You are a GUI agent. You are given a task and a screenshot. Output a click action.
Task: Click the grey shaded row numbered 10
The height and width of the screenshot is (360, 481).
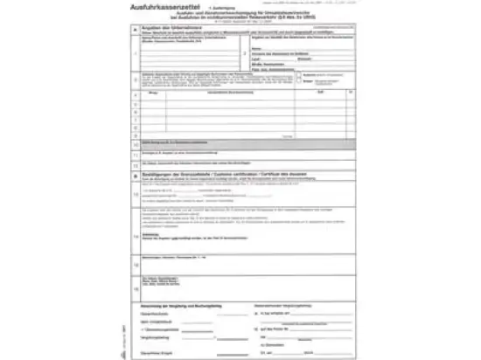236,165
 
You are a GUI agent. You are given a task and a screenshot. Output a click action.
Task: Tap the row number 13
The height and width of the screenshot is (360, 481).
135,219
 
